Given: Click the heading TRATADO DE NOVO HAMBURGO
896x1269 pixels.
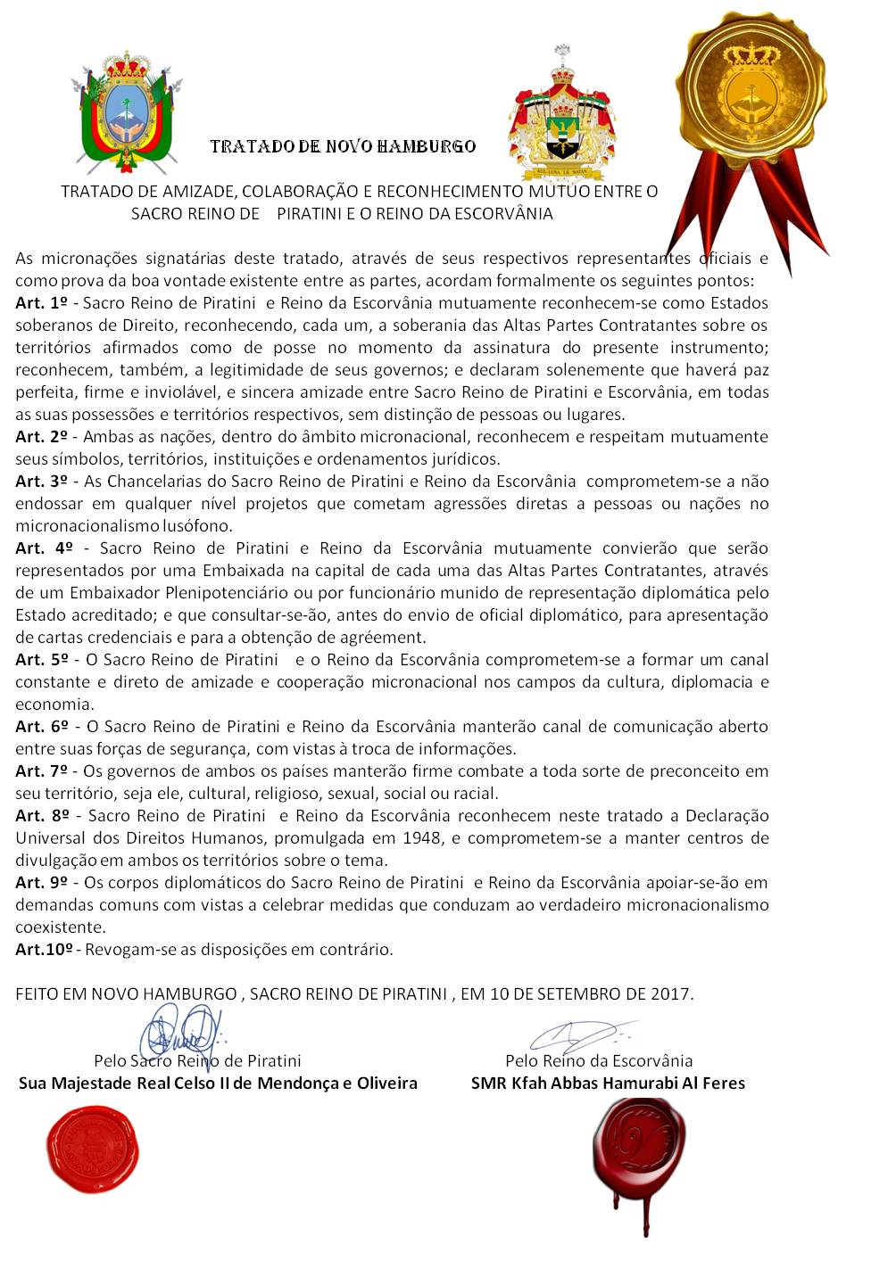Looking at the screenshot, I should tap(343, 146).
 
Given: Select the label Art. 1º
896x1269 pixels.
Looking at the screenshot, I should tap(42, 303).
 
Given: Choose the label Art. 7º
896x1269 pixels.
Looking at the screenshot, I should tap(42, 771).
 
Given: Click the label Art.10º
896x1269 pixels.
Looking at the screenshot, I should tap(45, 950).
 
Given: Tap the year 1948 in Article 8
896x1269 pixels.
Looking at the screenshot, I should tap(421, 838).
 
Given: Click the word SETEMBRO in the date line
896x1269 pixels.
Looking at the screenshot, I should tap(580, 993).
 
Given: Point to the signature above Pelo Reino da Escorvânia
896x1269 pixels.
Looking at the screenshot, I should tap(580, 1034).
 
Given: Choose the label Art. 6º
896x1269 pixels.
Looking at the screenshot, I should tap(42, 727).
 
